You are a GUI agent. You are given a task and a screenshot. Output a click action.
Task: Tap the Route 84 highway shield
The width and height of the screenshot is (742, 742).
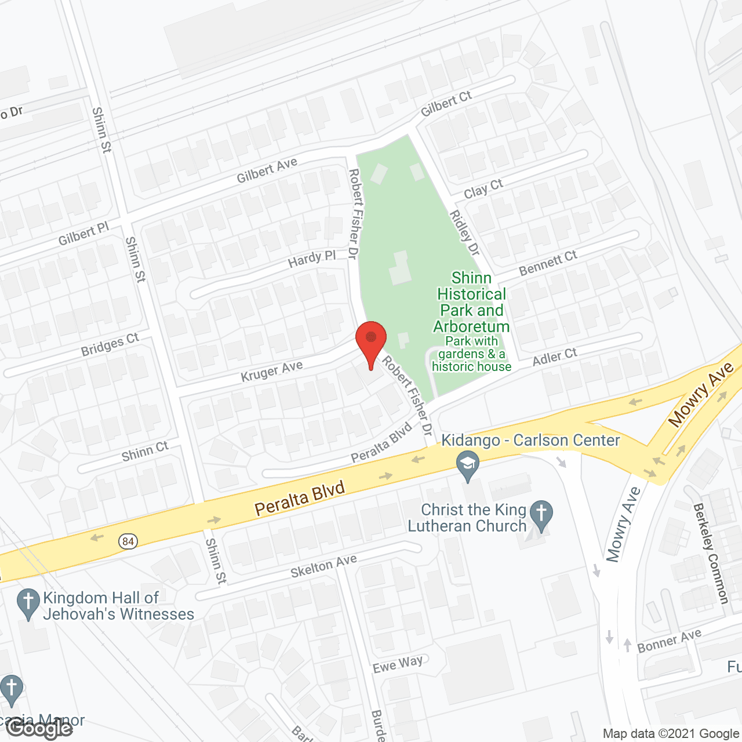coord(128,541)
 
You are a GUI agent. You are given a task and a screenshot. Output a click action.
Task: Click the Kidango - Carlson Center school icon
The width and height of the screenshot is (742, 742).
coord(468,465)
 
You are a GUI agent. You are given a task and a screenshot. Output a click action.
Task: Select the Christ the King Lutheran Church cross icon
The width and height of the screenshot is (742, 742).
coord(541,514)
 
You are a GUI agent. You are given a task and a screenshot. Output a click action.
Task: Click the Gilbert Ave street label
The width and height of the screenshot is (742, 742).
coord(267,171)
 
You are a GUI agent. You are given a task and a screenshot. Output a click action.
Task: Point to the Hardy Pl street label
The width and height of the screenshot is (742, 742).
coord(312,259)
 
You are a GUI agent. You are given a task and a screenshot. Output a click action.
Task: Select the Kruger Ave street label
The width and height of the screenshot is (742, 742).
coord(272,371)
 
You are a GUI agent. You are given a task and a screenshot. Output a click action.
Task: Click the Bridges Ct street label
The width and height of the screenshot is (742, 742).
coord(110,345)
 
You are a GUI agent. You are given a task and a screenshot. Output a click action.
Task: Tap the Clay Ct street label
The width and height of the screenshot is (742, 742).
coord(483,188)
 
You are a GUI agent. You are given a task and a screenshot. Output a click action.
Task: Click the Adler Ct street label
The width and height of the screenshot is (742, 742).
coord(555,357)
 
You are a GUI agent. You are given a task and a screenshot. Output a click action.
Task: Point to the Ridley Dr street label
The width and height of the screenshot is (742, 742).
coord(465,233)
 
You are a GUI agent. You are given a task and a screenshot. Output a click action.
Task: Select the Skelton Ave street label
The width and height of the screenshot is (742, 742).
coord(323,566)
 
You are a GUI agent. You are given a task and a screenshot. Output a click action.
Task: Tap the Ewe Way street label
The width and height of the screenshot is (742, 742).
coord(398,664)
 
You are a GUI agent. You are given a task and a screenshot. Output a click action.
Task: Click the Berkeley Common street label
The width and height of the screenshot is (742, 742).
coord(711,554)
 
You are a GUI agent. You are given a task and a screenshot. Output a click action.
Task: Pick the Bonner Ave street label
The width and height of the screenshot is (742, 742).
coord(670,641)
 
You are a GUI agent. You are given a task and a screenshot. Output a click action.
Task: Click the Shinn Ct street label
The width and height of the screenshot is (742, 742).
coord(145,452)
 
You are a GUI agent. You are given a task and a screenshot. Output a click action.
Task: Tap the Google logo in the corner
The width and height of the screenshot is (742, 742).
coord(39,728)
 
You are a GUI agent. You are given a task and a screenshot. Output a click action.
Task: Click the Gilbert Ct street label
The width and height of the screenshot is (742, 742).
coord(446,103)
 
